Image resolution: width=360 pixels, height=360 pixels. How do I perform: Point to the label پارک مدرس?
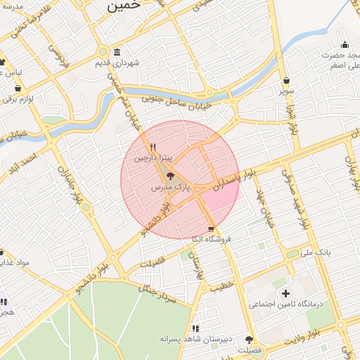pos(171,188)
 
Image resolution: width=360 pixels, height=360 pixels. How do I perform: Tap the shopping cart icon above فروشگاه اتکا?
pos(211,229)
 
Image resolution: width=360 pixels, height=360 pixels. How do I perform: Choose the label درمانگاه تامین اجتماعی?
pos(286,304)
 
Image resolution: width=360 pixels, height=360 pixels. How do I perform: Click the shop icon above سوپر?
pos(286,80)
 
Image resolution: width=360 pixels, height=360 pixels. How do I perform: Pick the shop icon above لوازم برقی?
pos(18,89)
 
